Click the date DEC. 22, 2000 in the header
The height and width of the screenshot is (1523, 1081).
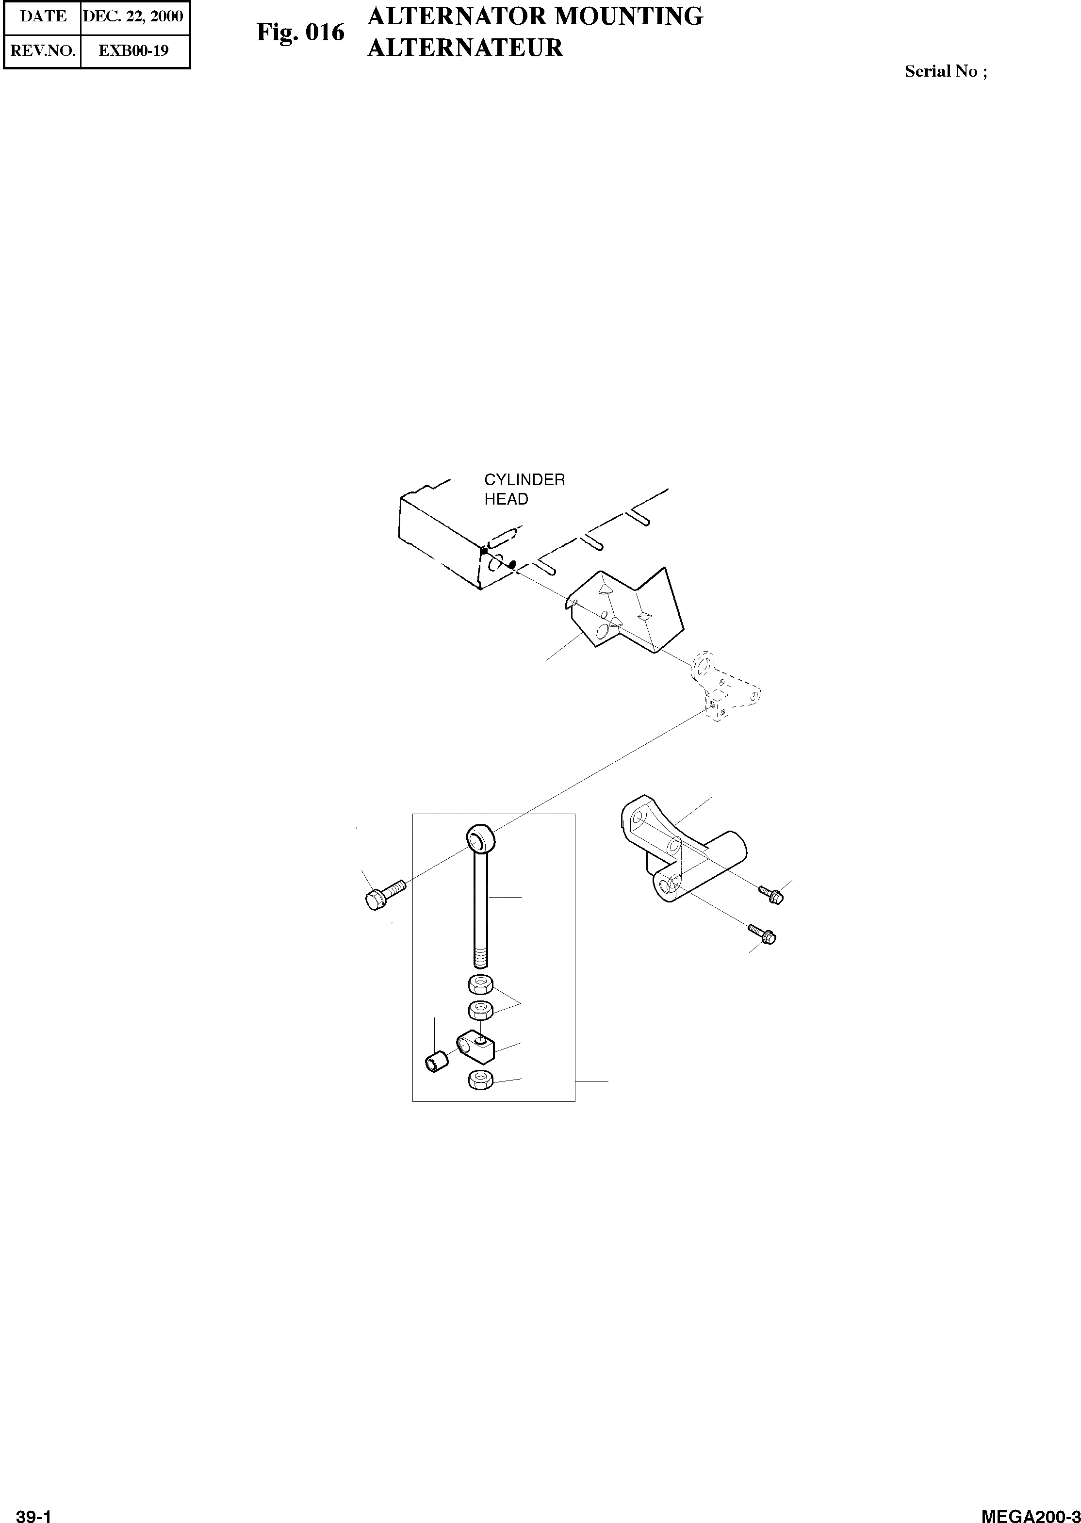click(133, 16)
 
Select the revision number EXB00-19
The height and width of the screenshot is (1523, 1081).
click(133, 50)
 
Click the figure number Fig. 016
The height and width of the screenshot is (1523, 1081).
click(301, 32)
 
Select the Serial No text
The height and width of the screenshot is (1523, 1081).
click(945, 71)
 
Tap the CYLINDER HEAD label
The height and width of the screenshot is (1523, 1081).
click(524, 489)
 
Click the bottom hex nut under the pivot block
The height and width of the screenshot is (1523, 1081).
click(480, 1080)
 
